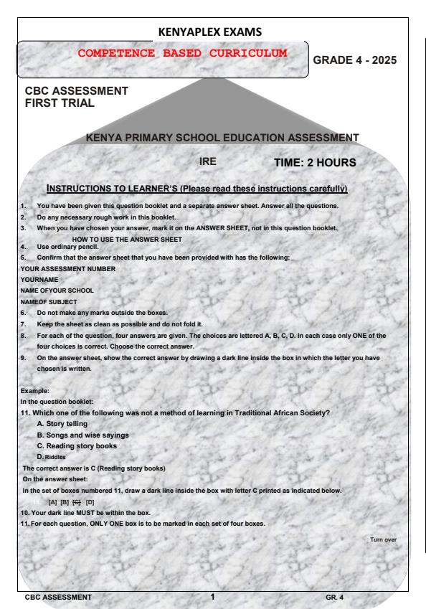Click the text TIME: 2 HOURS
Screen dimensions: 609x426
tap(315, 163)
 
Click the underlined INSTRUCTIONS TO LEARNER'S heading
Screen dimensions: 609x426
tap(197, 189)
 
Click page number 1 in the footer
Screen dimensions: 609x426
tap(212, 595)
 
